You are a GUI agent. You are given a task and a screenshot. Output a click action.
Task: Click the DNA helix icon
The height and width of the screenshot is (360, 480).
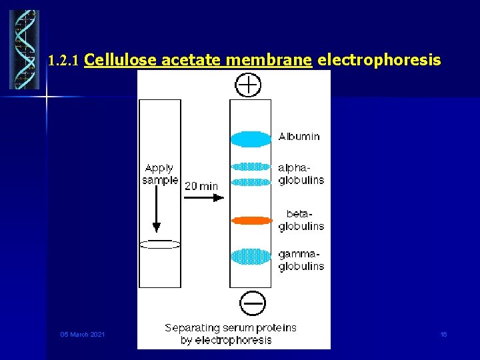(24, 50)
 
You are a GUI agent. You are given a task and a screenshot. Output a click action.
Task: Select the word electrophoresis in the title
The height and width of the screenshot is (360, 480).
(379, 60)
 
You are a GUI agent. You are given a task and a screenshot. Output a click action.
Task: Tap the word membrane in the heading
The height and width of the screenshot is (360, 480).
(269, 60)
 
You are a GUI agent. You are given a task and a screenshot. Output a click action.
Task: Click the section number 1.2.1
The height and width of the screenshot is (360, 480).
(65, 61)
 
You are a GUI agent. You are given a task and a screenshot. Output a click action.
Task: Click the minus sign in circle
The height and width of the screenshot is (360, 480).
(252, 305)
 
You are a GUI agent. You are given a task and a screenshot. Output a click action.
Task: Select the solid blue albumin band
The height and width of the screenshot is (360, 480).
(251, 139)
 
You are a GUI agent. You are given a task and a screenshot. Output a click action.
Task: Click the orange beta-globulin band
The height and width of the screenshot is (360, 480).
(251, 220)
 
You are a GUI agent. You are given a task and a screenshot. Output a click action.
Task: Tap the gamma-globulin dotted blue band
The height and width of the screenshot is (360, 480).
(251, 256)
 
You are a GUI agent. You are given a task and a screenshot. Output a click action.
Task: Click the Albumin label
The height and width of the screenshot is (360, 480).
(299, 137)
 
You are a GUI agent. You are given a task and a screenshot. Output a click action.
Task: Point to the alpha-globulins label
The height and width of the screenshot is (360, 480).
(301, 174)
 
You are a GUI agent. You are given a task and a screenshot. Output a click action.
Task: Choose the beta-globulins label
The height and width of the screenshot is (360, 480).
(301, 220)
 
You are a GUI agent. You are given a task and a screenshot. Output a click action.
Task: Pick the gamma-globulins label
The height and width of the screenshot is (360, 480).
(301, 260)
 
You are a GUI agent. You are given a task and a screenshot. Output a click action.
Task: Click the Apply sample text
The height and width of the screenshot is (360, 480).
(160, 174)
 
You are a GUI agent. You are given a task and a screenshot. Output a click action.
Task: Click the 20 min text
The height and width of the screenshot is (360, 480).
(201, 186)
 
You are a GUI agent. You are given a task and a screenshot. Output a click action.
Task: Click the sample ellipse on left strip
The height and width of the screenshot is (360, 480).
(160, 245)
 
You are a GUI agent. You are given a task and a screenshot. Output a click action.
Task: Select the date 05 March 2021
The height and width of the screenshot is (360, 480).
(83, 334)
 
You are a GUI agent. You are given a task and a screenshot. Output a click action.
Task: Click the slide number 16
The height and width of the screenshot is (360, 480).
(443, 334)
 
